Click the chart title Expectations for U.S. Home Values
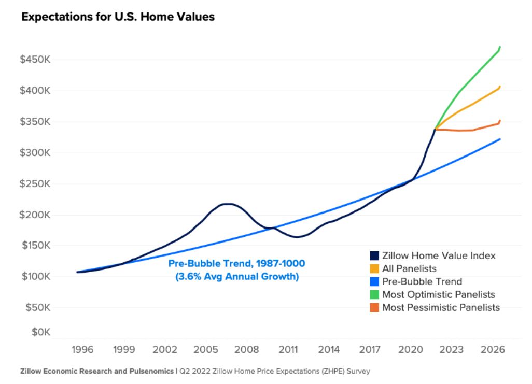click(x=118, y=17)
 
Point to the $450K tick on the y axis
click(x=35, y=60)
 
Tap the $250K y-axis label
click(x=35, y=184)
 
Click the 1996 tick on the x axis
click(x=83, y=349)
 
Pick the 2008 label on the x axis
click(x=247, y=349)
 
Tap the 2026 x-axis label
click(x=493, y=349)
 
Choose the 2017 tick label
click(x=370, y=349)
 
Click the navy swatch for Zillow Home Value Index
click(x=374, y=256)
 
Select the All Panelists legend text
click(x=409, y=269)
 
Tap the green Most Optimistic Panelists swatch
click(x=374, y=295)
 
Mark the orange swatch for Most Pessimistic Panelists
click(x=374, y=308)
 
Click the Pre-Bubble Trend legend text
click(x=422, y=282)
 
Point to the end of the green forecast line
click(x=500, y=47)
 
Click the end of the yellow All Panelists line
click(x=500, y=87)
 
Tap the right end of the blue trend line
click(x=500, y=139)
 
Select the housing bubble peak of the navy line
click(x=228, y=204)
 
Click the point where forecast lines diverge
click(x=435, y=129)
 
